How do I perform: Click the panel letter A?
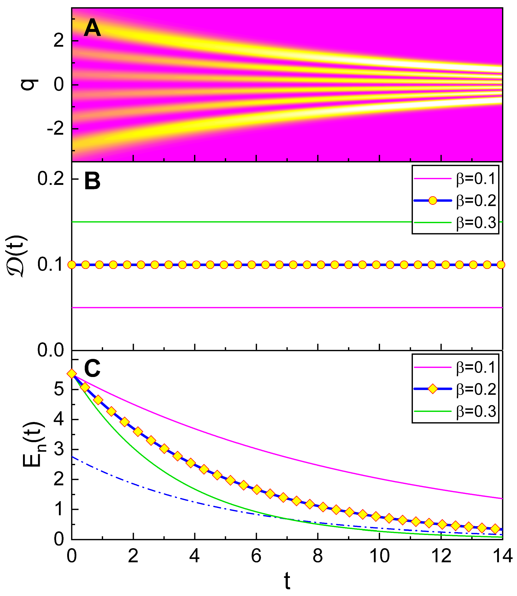[x=92, y=28]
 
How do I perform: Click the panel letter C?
[x=92, y=369]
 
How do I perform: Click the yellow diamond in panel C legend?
[x=433, y=389]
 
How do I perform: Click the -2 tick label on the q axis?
[x=55, y=129]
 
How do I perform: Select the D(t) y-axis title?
[x=19, y=256]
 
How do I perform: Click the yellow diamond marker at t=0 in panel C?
[x=72, y=374]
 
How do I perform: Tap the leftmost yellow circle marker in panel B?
[x=72, y=265]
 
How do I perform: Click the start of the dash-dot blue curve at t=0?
[x=72, y=457]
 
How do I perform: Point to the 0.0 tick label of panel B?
[x=50, y=350]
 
